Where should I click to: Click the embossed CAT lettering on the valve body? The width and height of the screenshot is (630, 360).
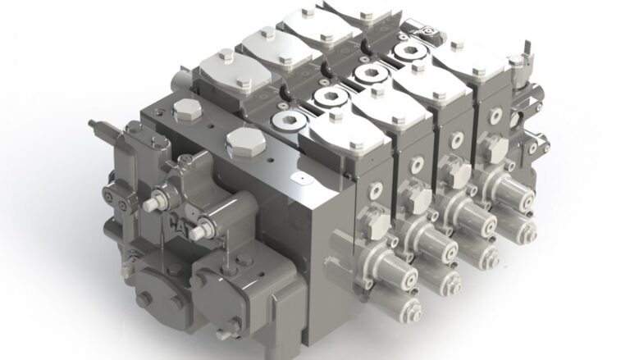pos(179,223)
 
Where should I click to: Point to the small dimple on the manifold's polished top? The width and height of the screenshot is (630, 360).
pos(300,175)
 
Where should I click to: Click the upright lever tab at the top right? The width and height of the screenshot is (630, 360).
pos(516,66)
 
